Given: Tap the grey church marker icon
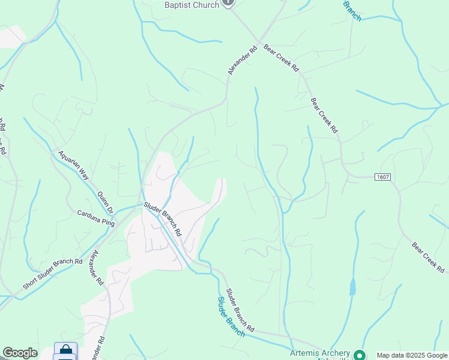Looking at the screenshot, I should point(228,3).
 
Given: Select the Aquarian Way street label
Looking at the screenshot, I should point(73,165).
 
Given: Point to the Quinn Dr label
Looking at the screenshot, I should point(106,202).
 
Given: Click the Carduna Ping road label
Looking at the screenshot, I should point(95,217).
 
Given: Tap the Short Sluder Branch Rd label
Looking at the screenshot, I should point(53,274).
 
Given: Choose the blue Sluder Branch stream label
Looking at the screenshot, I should point(231,316).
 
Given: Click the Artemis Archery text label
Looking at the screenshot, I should point(320,353).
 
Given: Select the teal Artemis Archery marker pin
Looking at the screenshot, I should point(360,355).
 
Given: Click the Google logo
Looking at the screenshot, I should point(20,353).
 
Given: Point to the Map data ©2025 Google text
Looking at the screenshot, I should point(412,355).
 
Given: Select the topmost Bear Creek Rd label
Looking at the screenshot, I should point(281,58).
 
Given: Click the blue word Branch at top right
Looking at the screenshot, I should point(352,11).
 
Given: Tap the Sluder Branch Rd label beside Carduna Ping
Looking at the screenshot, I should point(163,219).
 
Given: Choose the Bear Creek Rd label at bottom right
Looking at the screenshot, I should point(430,257).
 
